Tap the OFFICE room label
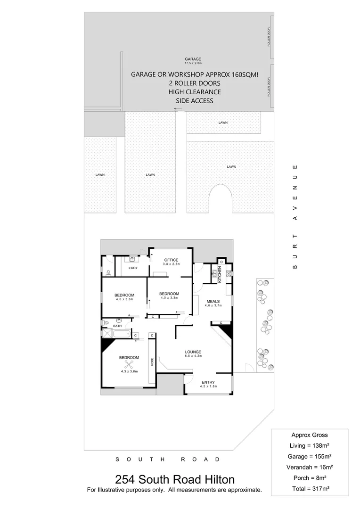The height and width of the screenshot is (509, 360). point(170,260)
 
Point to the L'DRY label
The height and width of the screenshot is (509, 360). point(133,268)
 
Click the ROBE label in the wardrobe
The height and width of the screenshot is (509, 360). point(152,361)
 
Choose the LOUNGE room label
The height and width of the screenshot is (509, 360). point(193,352)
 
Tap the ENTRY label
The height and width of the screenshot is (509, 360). point(208,382)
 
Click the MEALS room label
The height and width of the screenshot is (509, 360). point(212,301)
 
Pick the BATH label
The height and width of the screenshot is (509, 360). point(117,326)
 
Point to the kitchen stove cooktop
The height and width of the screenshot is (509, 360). point(228,273)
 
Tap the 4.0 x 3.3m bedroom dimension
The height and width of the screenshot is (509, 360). point(170,298)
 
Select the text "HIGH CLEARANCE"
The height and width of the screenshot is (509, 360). point(195,92)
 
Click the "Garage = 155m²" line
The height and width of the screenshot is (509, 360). point(310,456)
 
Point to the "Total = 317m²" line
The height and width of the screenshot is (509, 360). point(310,488)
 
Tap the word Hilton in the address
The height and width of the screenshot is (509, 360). point(218,480)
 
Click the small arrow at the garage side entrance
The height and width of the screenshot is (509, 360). point(178,109)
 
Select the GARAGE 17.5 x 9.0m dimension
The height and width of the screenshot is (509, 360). point(193,63)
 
